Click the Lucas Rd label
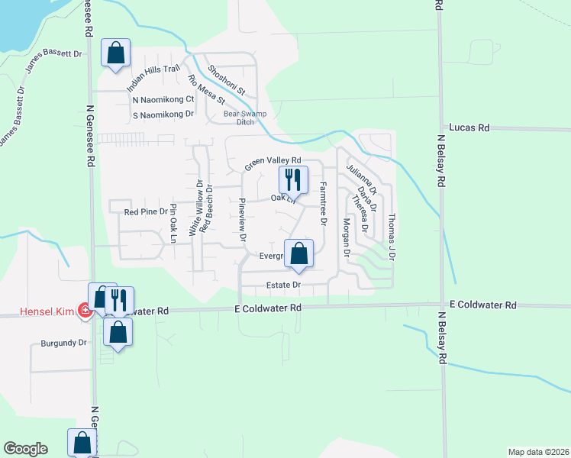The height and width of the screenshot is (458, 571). click(469, 128)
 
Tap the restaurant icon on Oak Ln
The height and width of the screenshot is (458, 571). click(293, 180)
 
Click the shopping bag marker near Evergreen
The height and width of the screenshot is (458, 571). click(299, 253)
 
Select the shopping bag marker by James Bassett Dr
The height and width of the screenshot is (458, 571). click(116, 53)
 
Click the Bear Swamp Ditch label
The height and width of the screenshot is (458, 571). click(238, 118)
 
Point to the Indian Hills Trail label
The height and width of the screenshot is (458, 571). click(153, 79)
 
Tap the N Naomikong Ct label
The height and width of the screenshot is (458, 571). click(163, 99)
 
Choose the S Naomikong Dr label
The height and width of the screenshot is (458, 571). click(163, 114)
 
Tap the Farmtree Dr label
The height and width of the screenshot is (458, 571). click(324, 205)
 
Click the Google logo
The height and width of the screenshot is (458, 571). click(25, 449)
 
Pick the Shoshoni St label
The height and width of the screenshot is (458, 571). click(227, 79)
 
